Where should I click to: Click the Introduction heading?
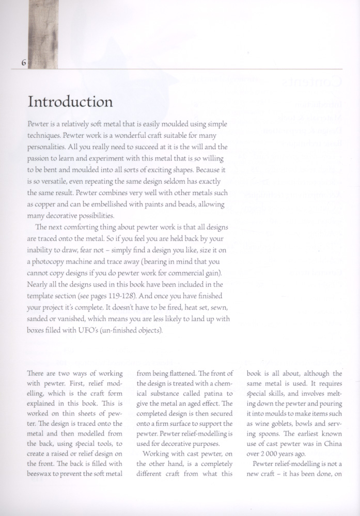pos(70,101)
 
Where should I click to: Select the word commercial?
pos(177,273)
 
